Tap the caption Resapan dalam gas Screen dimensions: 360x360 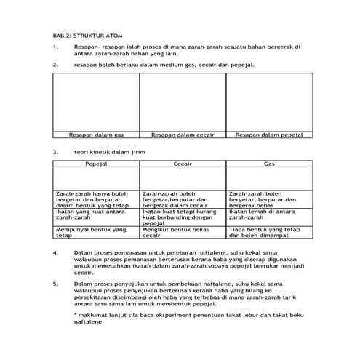(x=96, y=135)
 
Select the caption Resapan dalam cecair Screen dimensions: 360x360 (x=183, y=135)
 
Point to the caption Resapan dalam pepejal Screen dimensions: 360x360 (x=268, y=135)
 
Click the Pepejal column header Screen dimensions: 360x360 (x=96, y=165)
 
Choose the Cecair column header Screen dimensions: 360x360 (x=183, y=165)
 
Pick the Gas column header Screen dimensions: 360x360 (x=268, y=165)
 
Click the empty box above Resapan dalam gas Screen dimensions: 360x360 (x=96, y=101)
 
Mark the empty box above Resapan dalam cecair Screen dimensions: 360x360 (x=183, y=101)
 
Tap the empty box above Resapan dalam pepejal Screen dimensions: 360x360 (x=268, y=101)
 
